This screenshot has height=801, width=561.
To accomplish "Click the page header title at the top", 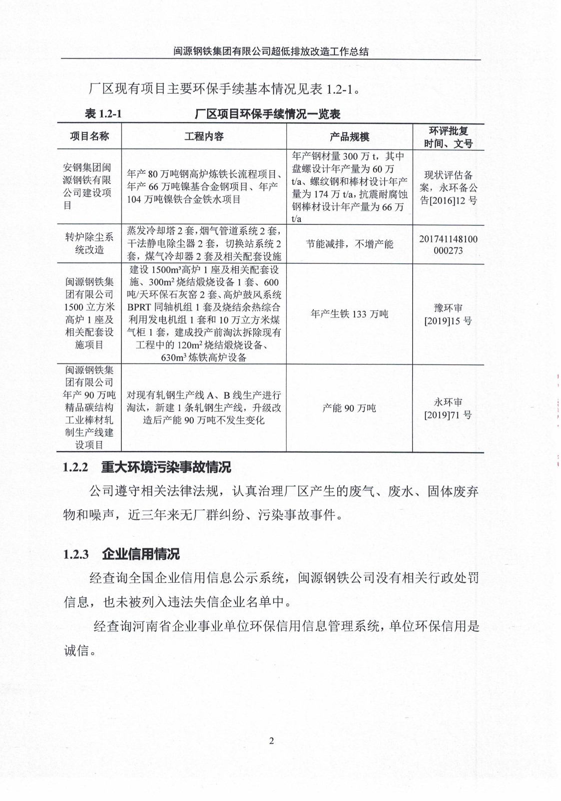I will pos(271,51).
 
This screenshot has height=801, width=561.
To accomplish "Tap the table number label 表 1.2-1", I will pos(104,114).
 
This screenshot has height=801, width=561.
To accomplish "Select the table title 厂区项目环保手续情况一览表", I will pos(268,114).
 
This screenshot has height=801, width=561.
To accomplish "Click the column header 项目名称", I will pos(89,137).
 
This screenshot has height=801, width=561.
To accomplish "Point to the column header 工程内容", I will pos(204,137).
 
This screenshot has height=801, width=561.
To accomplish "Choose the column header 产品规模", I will pos(349,137).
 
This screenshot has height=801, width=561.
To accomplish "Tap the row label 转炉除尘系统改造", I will pos(89,243).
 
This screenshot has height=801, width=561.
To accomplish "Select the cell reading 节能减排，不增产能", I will pos(349,244).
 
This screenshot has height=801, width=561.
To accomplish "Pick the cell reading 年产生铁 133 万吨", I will pos(349,314).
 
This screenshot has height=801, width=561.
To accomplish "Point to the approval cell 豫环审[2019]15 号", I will pos(448,314).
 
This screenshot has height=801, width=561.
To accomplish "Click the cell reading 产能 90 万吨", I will pos(349,408).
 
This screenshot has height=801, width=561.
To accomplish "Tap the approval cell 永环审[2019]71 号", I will pos(448,409).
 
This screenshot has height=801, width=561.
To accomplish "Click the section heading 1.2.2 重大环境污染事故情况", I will pos(147,468).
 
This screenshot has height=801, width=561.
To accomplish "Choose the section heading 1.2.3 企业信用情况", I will pos(122,554).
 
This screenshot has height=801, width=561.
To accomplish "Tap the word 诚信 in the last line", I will pos(77,651).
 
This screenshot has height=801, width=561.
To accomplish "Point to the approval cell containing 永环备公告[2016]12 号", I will pos(448,188).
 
